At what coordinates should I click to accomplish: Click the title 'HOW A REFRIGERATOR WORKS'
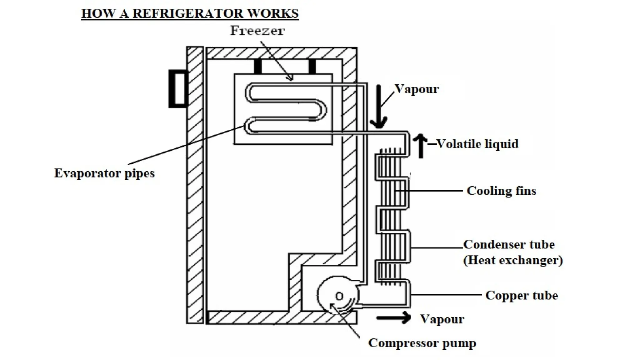pyautogui.click(x=190, y=13)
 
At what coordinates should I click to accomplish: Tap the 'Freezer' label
pyautogui.click(x=257, y=31)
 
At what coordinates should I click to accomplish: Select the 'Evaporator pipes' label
pyautogui.click(x=104, y=173)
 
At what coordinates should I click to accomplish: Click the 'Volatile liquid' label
pyautogui.click(x=477, y=144)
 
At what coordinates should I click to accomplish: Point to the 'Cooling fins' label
pyautogui.click(x=501, y=191)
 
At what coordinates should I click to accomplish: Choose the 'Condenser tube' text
pyautogui.click(x=509, y=244)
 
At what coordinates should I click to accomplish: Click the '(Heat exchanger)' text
pyautogui.click(x=513, y=260)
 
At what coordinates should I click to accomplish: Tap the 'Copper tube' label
pyautogui.click(x=521, y=295)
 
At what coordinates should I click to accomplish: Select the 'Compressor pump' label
pyautogui.click(x=422, y=343)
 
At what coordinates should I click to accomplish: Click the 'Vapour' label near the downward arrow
pyautogui.click(x=417, y=89)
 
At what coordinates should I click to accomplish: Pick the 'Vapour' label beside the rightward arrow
pyautogui.click(x=442, y=319)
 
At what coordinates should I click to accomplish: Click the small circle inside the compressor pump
pyautogui.click(x=339, y=296)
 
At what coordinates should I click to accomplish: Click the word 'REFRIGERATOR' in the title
pyautogui.click(x=188, y=13)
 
